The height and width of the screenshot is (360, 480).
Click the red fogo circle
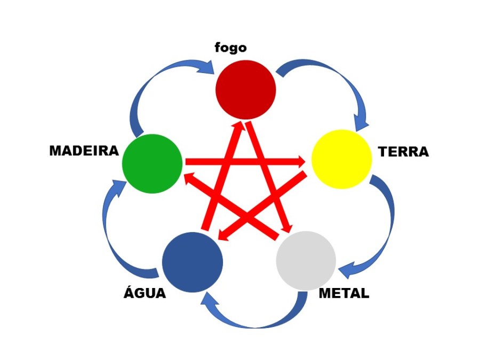coord(246,89)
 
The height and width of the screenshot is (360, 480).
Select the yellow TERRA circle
coord(341,159)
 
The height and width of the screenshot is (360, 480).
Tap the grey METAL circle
coord(306,261)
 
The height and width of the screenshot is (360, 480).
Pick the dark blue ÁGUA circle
coord(192,262)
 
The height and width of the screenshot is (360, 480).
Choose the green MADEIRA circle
coord(153,163)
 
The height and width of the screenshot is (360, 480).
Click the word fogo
coord(230,47)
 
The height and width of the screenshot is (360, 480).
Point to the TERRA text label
coord(403,152)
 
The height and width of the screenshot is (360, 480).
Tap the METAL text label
coord(343,293)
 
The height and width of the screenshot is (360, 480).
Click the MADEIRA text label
coord(84,151)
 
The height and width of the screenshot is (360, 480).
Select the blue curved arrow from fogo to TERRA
coord(336,85)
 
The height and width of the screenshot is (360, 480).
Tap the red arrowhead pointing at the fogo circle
coord(238,127)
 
